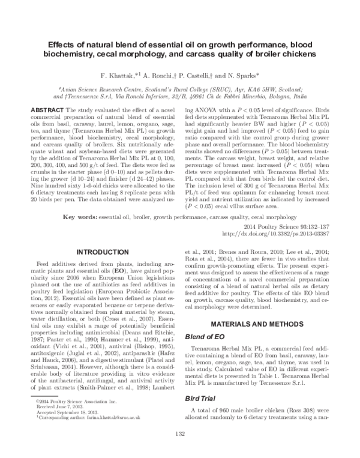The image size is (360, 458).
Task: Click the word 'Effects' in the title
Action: tap(62, 45)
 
